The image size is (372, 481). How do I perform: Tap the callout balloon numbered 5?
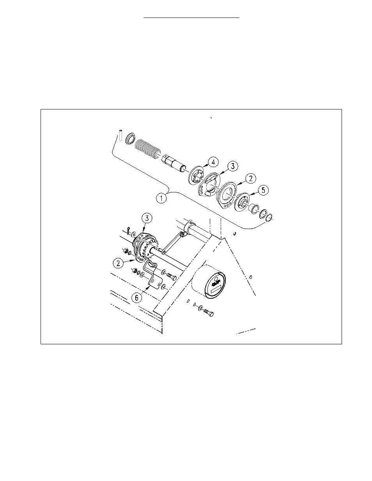pyautogui.click(x=264, y=190)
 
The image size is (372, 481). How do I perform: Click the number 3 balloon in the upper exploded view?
pyautogui.click(x=232, y=166)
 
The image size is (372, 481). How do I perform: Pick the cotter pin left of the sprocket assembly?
pyautogui.click(x=128, y=230)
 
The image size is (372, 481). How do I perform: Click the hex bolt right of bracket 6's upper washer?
pyautogui.click(x=172, y=277)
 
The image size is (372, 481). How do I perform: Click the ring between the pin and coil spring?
pyautogui.click(x=130, y=139)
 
